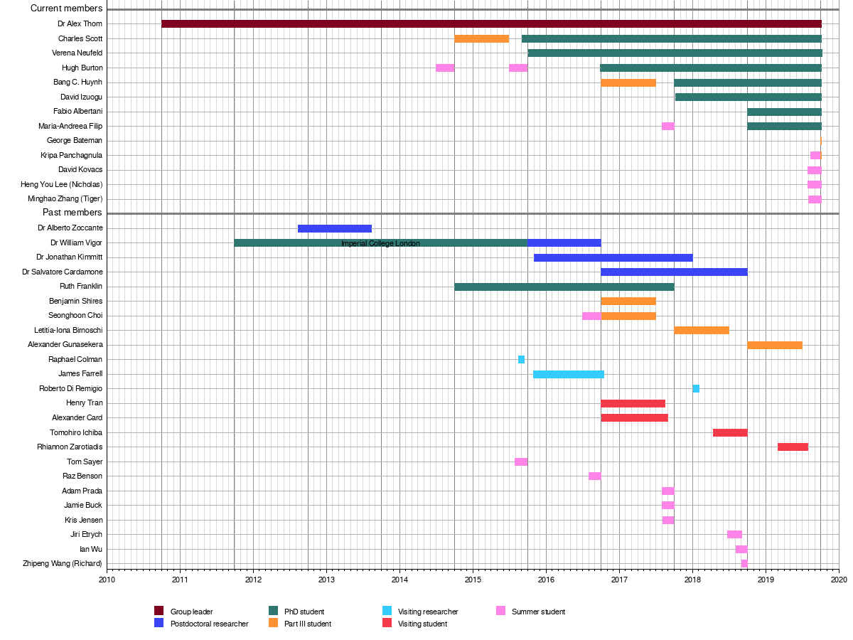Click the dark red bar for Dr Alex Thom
(491, 24)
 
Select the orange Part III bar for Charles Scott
(481, 38)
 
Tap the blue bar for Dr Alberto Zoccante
(334, 228)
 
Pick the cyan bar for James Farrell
(568, 374)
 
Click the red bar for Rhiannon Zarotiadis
(793, 447)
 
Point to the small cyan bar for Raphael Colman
(521, 360)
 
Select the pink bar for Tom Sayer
(521, 462)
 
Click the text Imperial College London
(380, 243)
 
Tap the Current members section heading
(66, 9)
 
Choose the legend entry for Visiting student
(422, 624)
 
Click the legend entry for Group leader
(191, 612)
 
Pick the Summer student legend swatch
(500, 611)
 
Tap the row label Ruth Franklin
(81, 287)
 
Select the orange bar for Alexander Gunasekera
(774, 345)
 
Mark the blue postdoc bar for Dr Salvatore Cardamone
(673, 272)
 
